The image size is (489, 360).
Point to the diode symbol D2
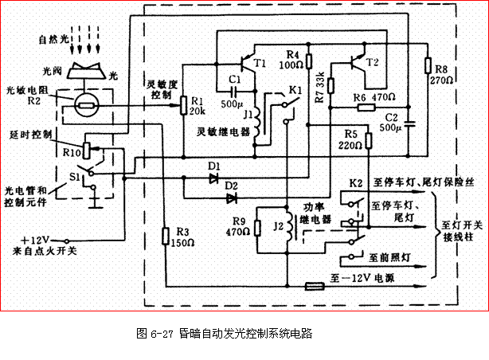231,196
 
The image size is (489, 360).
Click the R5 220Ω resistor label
350,139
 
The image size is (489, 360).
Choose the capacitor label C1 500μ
233,89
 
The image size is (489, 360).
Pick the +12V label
37,240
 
